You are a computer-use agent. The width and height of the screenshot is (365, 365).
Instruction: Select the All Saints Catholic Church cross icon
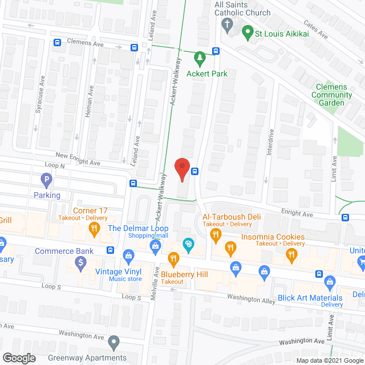[226, 25]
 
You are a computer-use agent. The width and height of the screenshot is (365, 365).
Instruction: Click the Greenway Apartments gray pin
[114, 344]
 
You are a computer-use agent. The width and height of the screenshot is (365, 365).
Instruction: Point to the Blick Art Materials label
[310, 298]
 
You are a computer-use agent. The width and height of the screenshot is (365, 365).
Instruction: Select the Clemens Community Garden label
[331, 95]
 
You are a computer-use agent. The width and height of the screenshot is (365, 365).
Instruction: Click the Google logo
[18, 358]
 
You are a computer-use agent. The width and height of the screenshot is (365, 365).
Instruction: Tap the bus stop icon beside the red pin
[195, 171]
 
